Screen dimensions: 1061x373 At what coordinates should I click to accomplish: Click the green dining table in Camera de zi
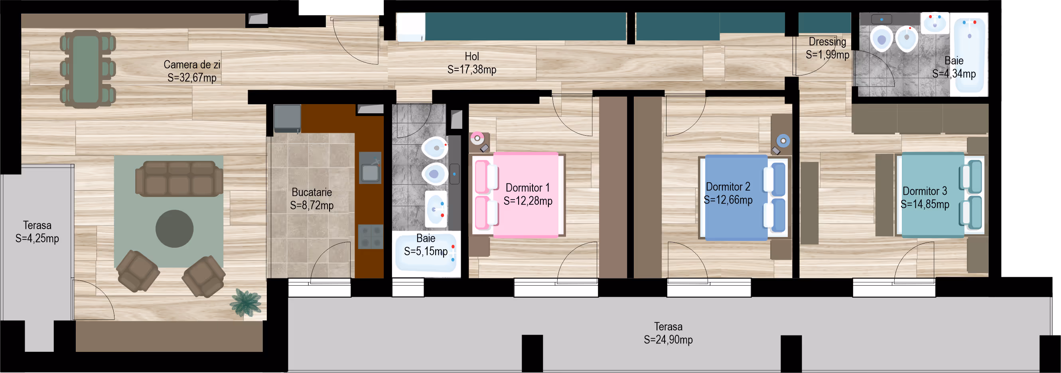(x=86, y=69)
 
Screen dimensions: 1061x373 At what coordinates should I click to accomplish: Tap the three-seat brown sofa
(x=179, y=178)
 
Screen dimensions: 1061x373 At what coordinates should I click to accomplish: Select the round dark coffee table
(x=175, y=229)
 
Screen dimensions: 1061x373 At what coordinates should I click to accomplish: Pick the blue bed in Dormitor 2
(x=743, y=197)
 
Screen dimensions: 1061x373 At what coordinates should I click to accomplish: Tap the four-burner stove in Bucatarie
(x=371, y=237)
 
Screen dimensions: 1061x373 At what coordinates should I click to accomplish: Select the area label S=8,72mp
(x=312, y=205)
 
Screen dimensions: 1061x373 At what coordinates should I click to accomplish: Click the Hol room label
(x=471, y=57)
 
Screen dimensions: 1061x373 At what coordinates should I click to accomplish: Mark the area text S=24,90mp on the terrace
(x=668, y=339)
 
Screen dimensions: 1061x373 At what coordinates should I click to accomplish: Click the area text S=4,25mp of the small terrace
(x=37, y=238)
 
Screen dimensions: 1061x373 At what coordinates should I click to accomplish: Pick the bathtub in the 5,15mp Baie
(x=426, y=253)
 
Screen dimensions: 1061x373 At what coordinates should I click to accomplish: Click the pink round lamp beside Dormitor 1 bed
(x=477, y=138)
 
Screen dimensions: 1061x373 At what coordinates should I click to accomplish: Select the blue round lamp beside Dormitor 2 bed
(x=783, y=141)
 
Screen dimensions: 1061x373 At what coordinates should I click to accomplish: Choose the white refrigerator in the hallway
(x=411, y=27)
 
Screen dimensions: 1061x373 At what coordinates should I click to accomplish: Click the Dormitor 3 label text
(x=925, y=191)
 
